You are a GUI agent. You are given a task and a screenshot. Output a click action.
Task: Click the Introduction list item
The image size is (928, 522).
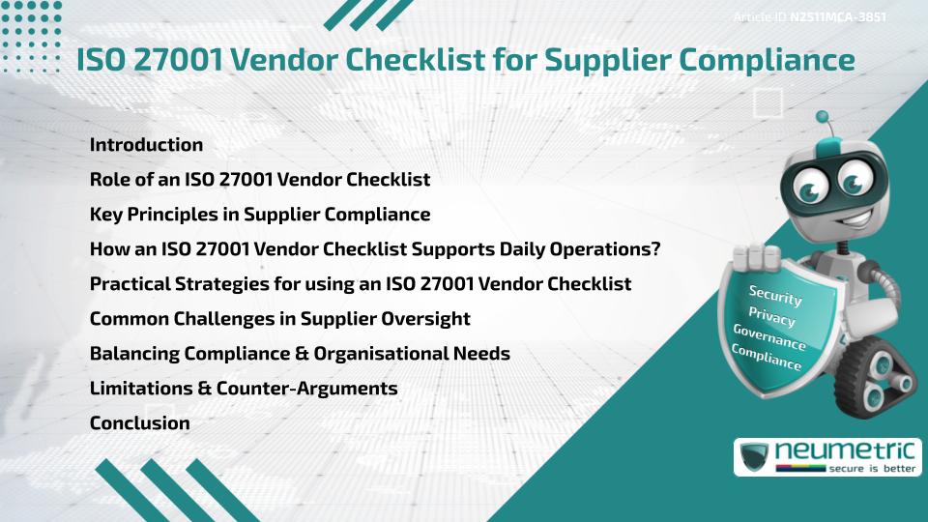(x=146, y=145)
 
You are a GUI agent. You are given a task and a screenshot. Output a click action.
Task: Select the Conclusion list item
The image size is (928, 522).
(x=139, y=422)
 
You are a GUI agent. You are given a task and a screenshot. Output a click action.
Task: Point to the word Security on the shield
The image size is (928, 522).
(x=775, y=297)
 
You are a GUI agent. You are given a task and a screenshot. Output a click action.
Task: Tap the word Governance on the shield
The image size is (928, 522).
(x=768, y=337)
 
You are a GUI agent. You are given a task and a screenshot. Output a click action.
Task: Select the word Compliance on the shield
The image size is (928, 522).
(x=766, y=357)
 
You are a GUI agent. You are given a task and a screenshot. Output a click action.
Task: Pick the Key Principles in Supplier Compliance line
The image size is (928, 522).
(x=259, y=214)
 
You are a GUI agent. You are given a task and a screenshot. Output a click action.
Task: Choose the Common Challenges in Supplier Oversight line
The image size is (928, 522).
(x=279, y=318)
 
